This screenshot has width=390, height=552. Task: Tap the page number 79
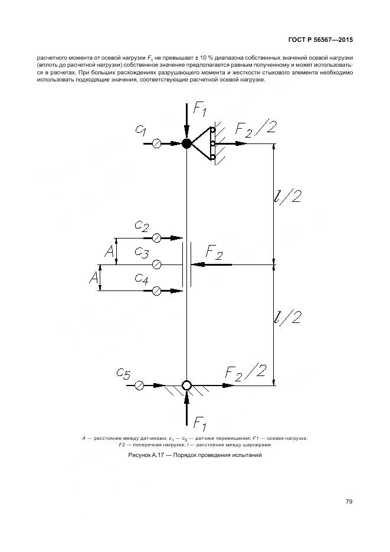(x=349, y=502)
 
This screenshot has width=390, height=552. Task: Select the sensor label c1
(x=140, y=130)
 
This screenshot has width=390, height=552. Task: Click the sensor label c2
(x=142, y=226)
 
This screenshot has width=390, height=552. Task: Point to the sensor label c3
(x=142, y=253)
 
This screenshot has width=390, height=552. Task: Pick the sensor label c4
(x=141, y=278)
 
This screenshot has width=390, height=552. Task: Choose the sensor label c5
(x=123, y=373)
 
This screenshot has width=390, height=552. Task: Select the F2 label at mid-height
(x=214, y=254)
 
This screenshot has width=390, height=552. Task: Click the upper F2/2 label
(x=255, y=128)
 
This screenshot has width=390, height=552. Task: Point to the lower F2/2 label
(x=246, y=372)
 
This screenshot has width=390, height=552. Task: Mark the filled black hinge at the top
(x=186, y=143)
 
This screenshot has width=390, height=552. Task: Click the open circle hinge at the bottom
(x=186, y=386)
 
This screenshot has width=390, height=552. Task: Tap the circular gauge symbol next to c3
(x=156, y=264)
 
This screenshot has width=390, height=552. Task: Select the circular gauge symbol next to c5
(x=139, y=386)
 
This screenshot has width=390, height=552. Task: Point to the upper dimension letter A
(x=109, y=252)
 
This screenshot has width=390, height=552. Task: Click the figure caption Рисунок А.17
(x=194, y=456)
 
